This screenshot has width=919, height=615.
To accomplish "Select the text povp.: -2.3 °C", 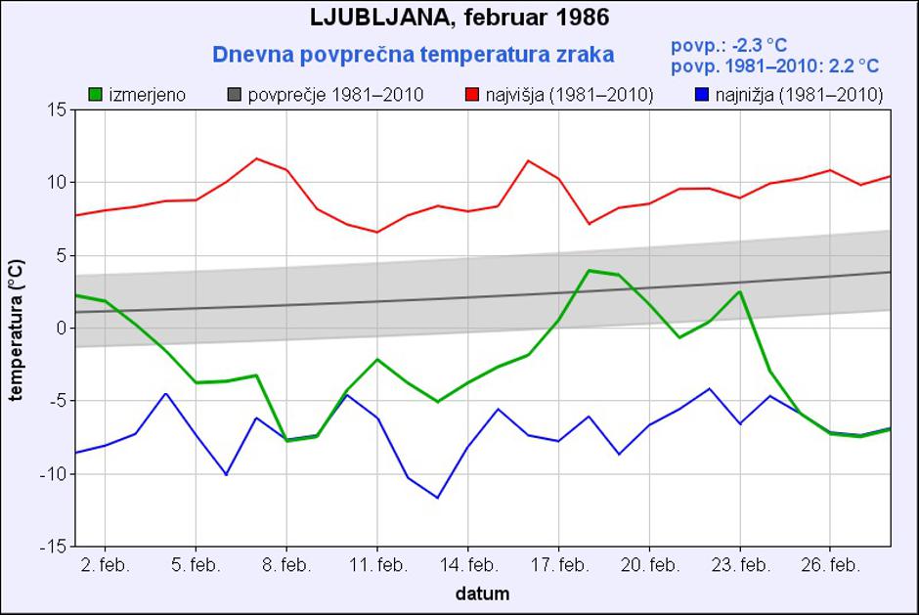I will pyautogui.click(x=729, y=45).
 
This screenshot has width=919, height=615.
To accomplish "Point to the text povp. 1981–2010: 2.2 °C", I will pyautogui.click(x=775, y=66).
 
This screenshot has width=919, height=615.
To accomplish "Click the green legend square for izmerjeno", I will pyautogui.click(x=96, y=95).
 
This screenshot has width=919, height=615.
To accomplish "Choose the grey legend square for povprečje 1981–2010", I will pyautogui.click(x=236, y=95).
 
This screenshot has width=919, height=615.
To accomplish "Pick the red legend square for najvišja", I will pyautogui.click(x=472, y=95).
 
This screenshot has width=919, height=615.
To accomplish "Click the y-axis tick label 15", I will pyautogui.click(x=56, y=110).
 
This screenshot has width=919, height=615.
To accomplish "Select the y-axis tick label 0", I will pyautogui.click(x=60, y=329).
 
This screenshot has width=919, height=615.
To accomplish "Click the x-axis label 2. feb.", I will pyautogui.click(x=105, y=566).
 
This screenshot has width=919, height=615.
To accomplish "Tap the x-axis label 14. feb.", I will pyautogui.click(x=467, y=566).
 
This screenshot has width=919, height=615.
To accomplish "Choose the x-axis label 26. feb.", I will pyautogui.click(x=830, y=566).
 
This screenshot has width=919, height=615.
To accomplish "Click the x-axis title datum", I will pyautogui.click(x=482, y=593).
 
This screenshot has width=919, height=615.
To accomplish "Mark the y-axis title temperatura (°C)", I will pyautogui.click(x=17, y=329).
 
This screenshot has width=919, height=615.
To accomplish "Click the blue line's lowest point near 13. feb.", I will pyautogui.click(x=437, y=498).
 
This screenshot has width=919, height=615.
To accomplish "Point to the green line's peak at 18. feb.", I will pyautogui.click(x=588, y=270).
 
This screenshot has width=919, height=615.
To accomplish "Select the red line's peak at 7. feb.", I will pyautogui.click(x=256, y=158).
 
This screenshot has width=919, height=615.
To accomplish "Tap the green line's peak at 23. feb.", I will pyautogui.click(x=740, y=291).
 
